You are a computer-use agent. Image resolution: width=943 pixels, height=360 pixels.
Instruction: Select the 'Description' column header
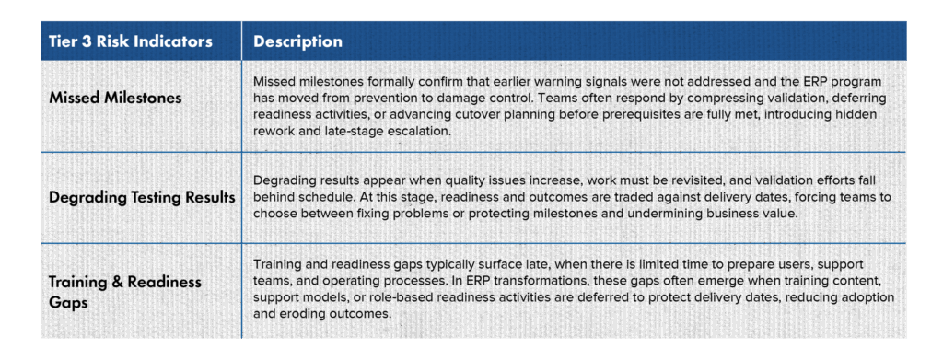coord(297,41)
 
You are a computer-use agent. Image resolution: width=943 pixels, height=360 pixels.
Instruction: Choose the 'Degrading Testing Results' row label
coord(141,197)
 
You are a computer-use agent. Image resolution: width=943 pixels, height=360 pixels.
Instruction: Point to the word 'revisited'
coord(652,180)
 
